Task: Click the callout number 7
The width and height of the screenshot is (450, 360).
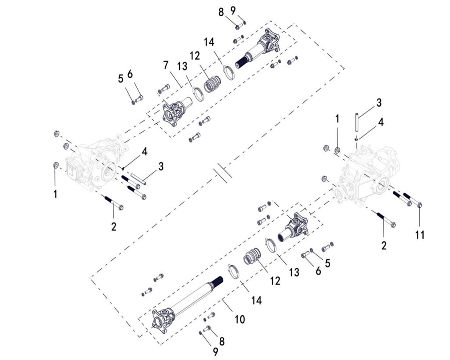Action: point(166,65)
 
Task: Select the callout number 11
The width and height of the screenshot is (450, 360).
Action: point(420,235)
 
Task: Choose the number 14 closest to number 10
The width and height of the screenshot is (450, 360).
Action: point(256,300)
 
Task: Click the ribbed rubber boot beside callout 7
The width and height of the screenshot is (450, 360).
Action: point(213,84)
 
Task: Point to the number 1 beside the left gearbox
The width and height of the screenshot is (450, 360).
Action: point(55,194)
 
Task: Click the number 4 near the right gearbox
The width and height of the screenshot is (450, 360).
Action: point(381,122)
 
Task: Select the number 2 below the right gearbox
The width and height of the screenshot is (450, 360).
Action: point(384,245)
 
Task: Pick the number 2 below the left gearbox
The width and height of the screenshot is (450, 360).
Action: point(113,227)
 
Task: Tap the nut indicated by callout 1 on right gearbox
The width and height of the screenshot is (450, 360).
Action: point(337,151)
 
